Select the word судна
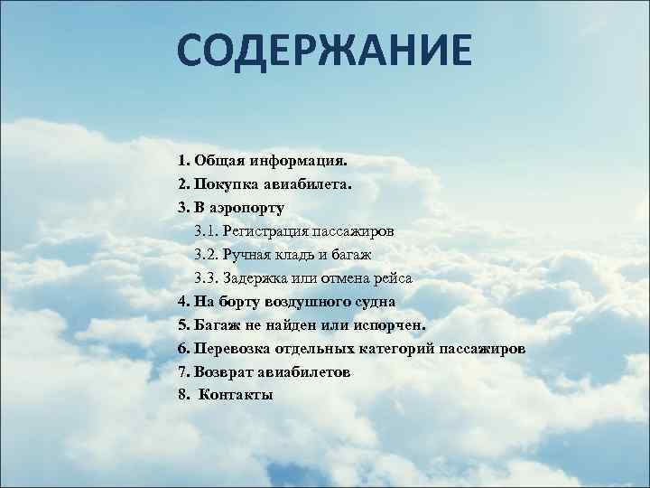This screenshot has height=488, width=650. (372, 301)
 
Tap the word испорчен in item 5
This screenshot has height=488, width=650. (390, 324)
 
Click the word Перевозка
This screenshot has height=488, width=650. (234, 348)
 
